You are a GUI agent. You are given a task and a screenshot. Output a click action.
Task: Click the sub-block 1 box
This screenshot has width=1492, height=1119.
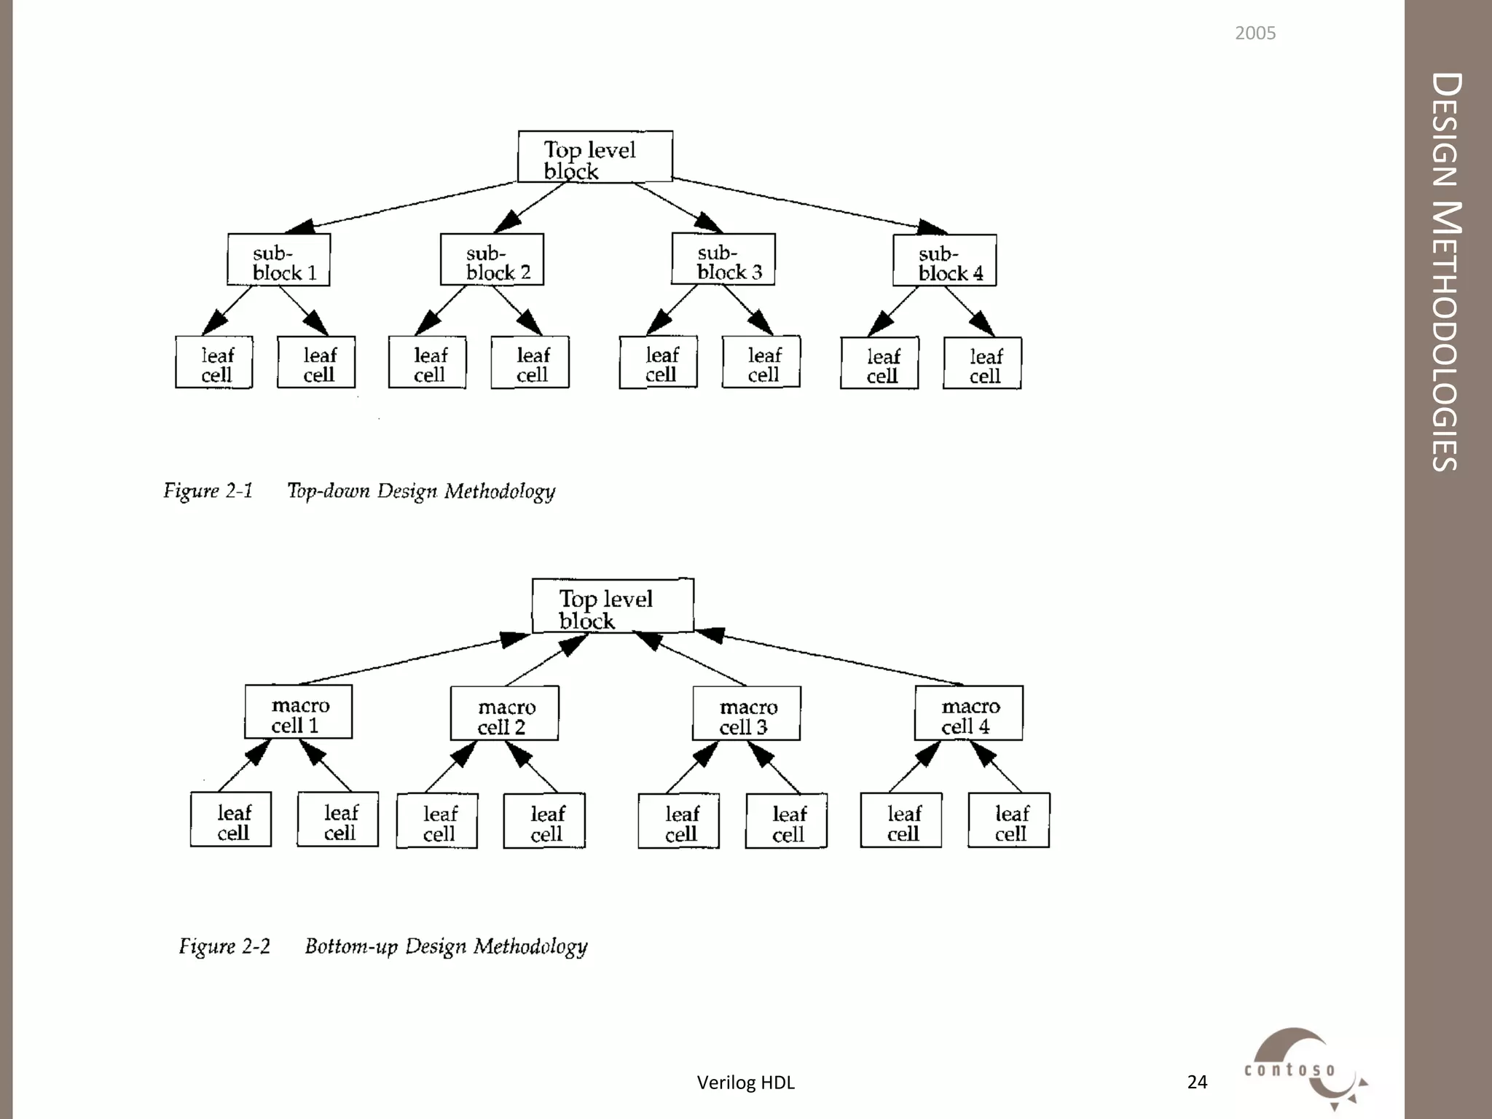coord(278,260)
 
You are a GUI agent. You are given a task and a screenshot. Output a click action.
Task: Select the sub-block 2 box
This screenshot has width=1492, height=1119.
coord(492,260)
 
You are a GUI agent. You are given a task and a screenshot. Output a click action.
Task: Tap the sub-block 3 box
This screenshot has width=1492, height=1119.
coord(723,259)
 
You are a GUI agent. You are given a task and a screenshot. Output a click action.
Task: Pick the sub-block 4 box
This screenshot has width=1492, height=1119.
coord(945,261)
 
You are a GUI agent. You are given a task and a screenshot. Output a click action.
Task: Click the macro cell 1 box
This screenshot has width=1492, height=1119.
coord(299,712)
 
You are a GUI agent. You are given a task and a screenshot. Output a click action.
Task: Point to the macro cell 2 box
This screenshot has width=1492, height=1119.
coord(505,714)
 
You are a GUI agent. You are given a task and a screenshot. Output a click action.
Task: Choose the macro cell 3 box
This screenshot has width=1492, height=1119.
coord(747,714)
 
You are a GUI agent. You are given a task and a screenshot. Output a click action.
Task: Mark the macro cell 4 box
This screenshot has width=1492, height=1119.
coord(969,714)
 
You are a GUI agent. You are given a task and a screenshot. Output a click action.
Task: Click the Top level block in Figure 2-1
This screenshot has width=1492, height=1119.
coord(595,157)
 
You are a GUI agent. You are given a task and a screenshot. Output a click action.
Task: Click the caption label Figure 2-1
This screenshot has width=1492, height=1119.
coord(208,490)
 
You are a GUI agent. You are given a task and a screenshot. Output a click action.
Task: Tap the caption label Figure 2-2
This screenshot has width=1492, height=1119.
coord(224,946)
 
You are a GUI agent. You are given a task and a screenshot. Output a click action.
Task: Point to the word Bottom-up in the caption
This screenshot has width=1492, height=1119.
coord(351,946)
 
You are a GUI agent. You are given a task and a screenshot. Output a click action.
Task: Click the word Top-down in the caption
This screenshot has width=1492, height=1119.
coord(328,490)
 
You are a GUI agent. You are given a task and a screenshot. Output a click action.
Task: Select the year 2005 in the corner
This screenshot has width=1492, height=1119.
coord(1255,34)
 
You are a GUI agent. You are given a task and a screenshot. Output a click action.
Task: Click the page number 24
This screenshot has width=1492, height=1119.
coord(1197,1083)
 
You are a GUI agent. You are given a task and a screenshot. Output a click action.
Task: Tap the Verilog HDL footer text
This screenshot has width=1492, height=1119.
coord(745,1083)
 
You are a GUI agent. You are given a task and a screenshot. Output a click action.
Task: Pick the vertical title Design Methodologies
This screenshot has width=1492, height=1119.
coord(1447,271)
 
